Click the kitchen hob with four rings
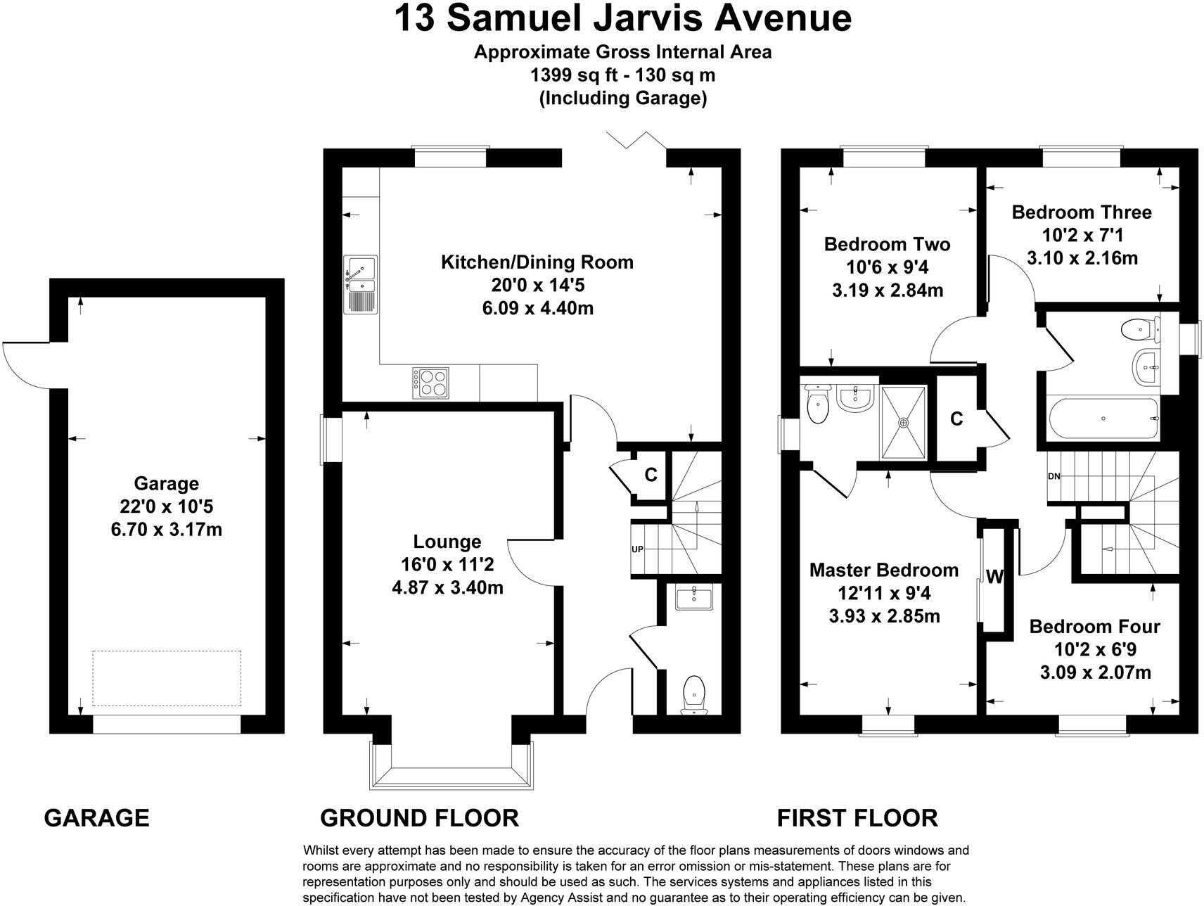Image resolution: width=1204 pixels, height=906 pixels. (430, 383)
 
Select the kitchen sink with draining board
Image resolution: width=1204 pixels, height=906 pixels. (360, 283)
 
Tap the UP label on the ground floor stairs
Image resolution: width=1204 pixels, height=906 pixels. (637, 549)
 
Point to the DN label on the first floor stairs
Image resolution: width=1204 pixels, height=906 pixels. (1053, 476)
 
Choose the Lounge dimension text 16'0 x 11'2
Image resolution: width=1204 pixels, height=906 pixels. (447, 564)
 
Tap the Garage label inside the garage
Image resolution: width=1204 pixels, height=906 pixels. (166, 483)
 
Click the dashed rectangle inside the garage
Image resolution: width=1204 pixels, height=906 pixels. (167, 678)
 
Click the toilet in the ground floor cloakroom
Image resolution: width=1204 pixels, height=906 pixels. (694, 694)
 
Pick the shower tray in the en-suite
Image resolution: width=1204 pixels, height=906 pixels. (903, 421)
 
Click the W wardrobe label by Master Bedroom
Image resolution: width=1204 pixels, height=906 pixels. (994, 578)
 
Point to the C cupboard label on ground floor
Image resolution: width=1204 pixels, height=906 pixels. (651, 476)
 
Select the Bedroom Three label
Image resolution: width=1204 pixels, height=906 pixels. (1081, 212)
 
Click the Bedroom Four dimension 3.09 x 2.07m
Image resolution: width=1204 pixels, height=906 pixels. (1095, 672)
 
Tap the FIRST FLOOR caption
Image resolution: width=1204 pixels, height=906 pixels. (857, 818)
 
